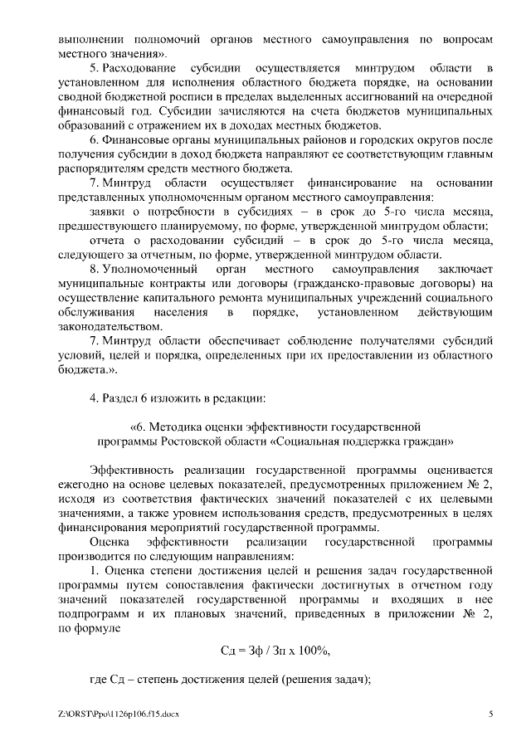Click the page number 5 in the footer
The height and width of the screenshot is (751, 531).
tap(490, 714)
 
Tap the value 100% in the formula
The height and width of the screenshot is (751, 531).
tap(317, 650)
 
